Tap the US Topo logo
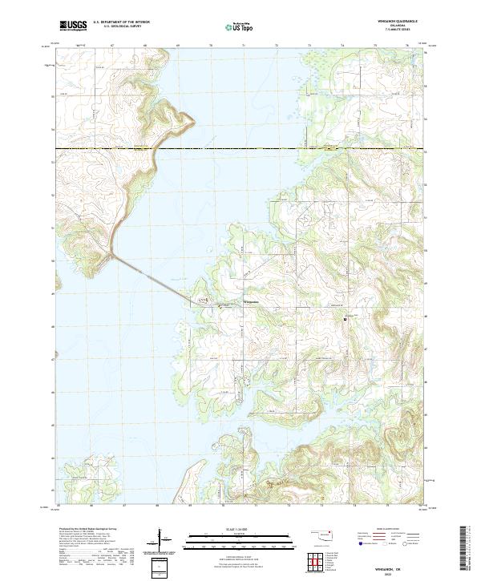237,27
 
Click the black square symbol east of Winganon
346,318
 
